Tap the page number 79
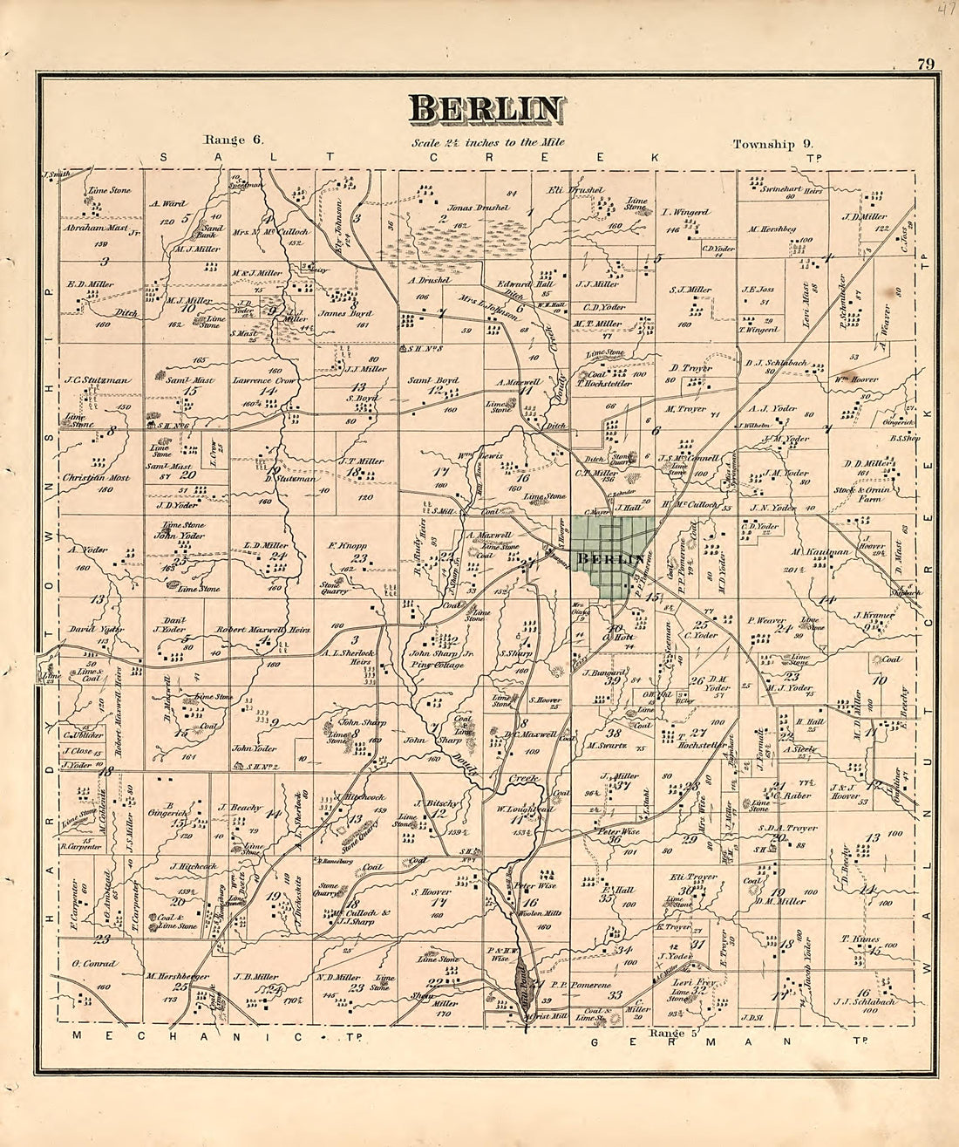click(x=926, y=63)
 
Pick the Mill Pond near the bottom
click(x=521, y=982)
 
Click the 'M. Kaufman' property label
click(x=809, y=551)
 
